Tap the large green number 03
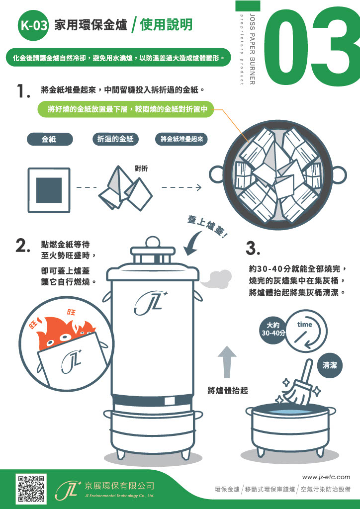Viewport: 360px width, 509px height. point(311,45)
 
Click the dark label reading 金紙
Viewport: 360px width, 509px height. point(49,139)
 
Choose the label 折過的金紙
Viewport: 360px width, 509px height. point(115,139)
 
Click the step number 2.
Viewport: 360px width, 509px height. point(23,246)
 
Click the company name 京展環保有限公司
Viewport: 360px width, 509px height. point(119,485)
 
